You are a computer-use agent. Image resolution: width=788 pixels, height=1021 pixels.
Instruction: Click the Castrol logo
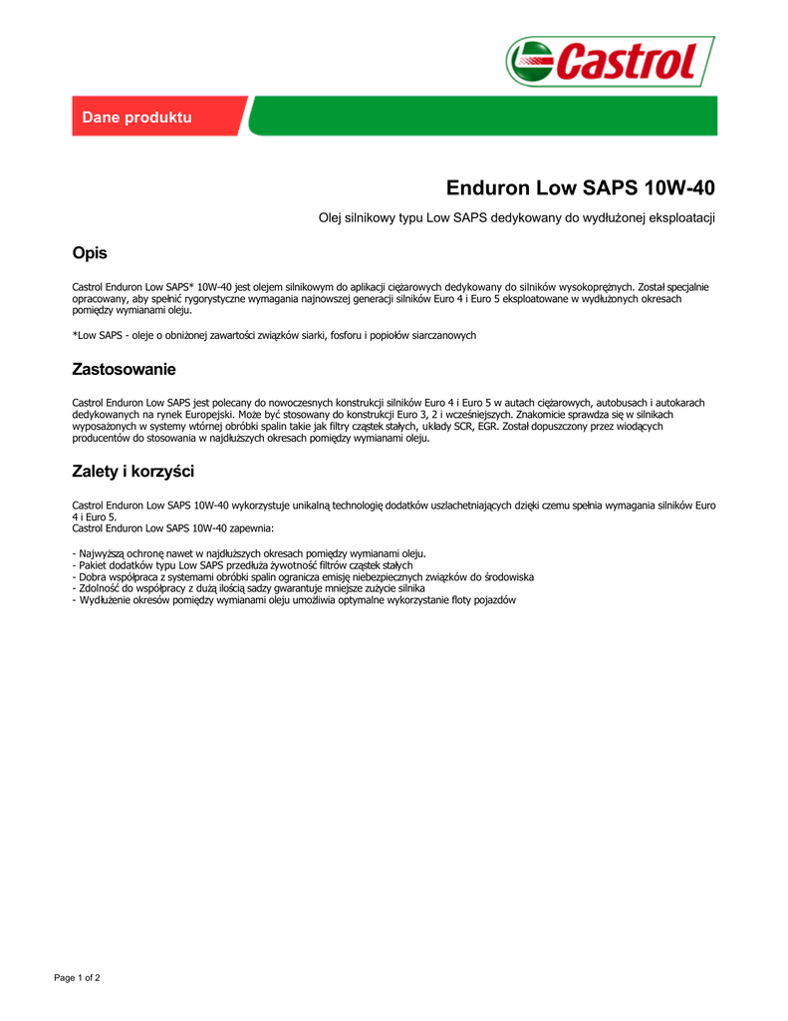coord(610,62)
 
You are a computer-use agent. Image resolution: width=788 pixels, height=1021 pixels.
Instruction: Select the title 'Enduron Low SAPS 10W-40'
coord(580,187)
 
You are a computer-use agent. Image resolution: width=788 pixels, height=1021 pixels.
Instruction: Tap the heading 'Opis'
coord(90,253)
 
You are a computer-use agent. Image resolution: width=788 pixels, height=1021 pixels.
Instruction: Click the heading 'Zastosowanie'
coord(124,370)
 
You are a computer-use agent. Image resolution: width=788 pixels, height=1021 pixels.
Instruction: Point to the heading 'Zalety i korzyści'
coord(132,471)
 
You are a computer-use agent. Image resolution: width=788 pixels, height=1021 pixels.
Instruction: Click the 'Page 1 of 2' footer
coord(77,977)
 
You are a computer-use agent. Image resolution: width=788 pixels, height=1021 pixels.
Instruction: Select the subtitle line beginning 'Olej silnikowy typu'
coord(516,217)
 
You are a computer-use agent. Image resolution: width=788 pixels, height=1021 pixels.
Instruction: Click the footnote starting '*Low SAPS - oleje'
coord(274,335)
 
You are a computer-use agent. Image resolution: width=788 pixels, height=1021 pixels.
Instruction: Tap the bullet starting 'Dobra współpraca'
coord(303,576)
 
